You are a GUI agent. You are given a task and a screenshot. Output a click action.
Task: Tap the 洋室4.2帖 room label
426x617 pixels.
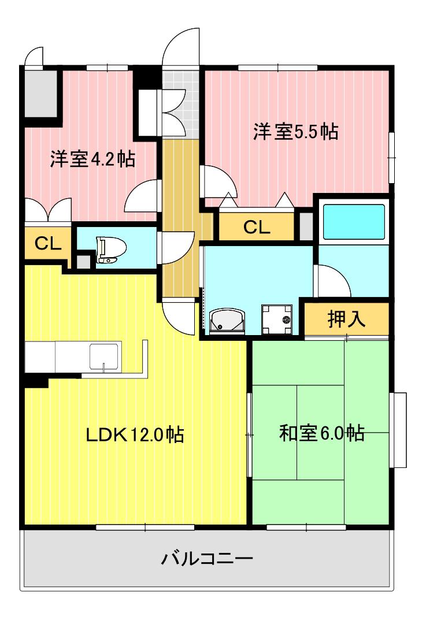click(92, 159)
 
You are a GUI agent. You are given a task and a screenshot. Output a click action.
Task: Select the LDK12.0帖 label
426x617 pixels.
click(135, 435)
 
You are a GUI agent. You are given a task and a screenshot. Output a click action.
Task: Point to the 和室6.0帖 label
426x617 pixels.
click(321, 433)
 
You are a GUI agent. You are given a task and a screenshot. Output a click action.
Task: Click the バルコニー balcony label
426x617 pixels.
click(207, 559)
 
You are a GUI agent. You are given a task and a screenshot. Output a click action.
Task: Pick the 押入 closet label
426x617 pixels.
click(346, 318)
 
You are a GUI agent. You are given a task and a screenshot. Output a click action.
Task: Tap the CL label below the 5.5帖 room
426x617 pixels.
click(256, 227)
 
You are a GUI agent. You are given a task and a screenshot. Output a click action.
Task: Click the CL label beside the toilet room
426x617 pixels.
click(47, 244)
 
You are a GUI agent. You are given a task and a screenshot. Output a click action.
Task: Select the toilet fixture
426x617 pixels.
click(112, 250)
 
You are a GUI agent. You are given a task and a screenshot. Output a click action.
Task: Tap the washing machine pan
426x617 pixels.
click(277, 319)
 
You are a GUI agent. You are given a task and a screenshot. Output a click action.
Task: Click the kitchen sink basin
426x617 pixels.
click(103, 356)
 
